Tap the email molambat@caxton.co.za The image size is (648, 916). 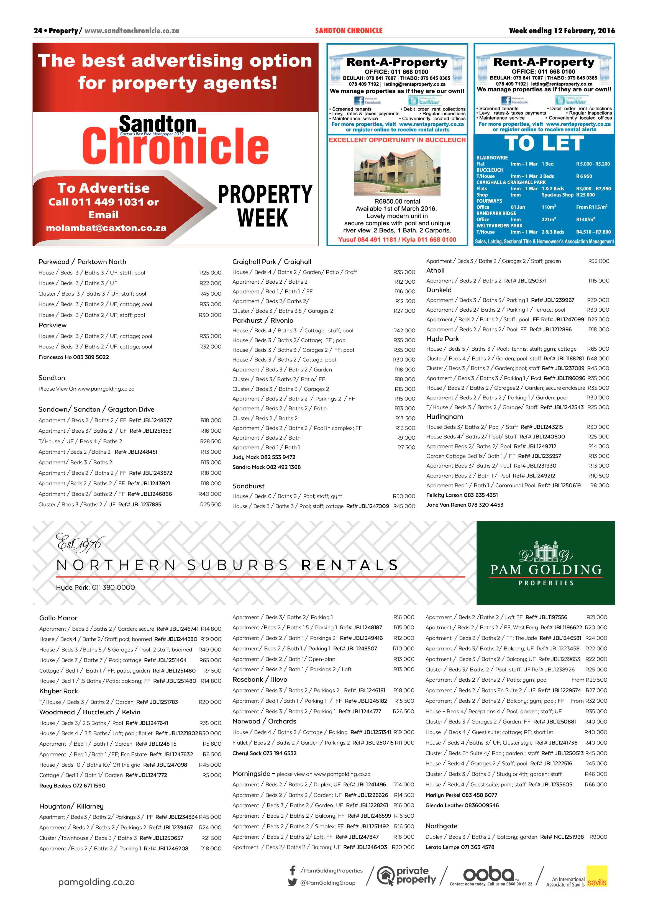(x=106, y=228)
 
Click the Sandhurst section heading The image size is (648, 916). (x=248, y=486)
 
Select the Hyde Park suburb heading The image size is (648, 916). (x=442, y=339)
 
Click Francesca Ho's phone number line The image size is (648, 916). (x=74, y=357)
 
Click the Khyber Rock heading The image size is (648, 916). (x=59, y=691)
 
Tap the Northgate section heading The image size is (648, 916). (x=441, y=826)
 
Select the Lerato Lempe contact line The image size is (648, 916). (x=460, y=847)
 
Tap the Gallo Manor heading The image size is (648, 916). (x=58, y=618)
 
